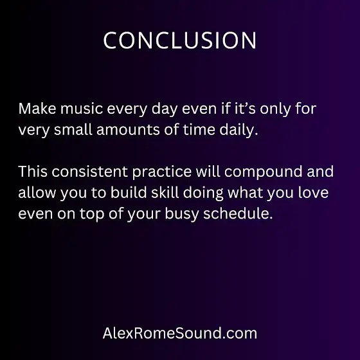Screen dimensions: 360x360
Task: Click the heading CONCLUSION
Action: [180, 40]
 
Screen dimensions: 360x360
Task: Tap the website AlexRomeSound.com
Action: [180, 333]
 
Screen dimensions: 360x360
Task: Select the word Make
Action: [37, 109]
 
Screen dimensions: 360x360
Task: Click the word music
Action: [82, 109]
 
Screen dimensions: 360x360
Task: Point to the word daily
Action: [239, 130]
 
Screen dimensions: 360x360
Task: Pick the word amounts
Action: [128, 130]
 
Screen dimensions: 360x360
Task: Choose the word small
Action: [73, 130]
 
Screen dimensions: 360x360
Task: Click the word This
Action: [33, 172]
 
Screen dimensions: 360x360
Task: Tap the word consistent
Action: [90, 172]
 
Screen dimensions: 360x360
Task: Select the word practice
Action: [162, 172]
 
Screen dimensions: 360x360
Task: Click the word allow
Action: [37, 192]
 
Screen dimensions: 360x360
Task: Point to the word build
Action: [129, 192]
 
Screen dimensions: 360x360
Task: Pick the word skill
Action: [165, 192]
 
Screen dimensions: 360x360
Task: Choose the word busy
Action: [181, 214]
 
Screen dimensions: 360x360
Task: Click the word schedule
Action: [238, 213]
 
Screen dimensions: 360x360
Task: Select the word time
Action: [199, 130]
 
